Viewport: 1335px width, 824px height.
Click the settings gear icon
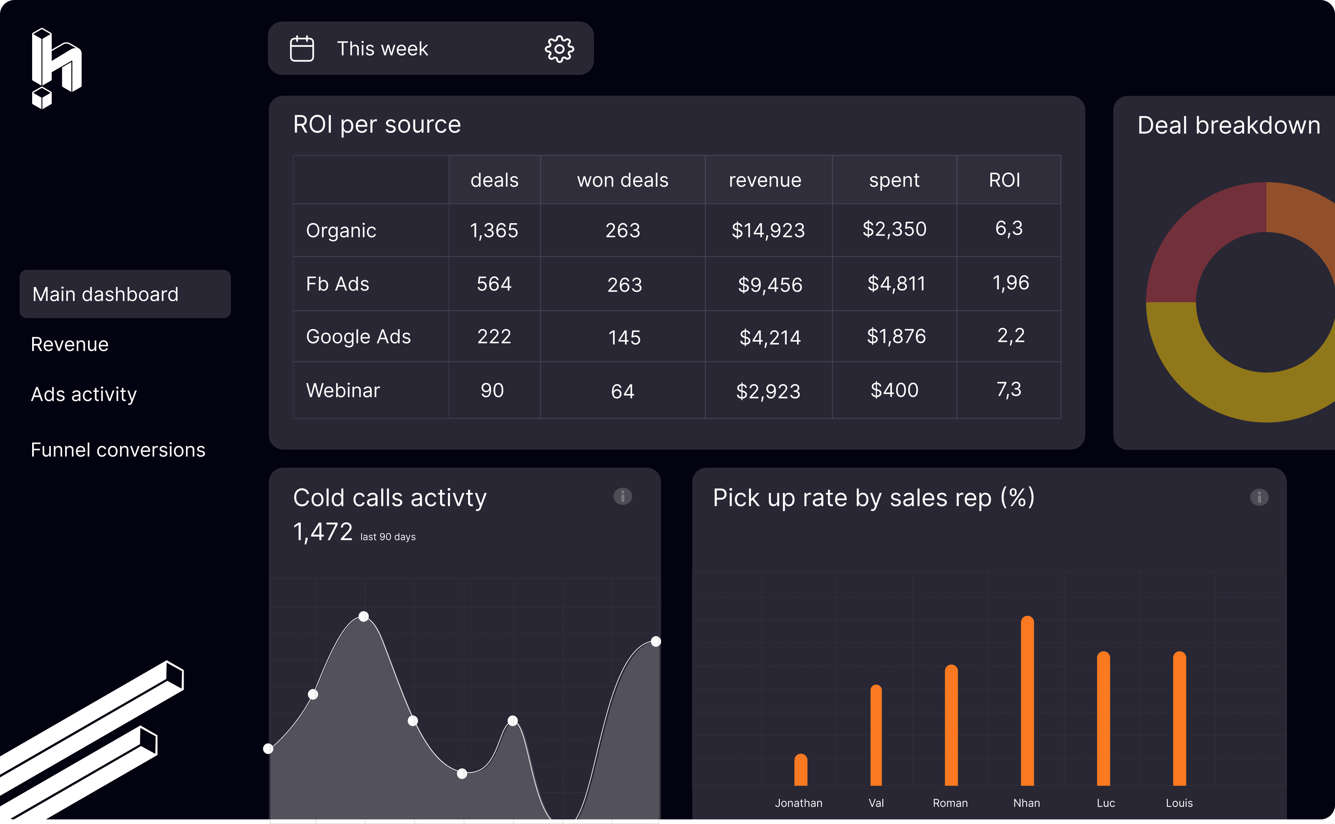559,49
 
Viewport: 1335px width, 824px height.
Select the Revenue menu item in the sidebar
70,345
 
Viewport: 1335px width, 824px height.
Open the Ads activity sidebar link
84,394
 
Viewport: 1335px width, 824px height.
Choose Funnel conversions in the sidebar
118,450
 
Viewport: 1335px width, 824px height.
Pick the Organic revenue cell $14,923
768,230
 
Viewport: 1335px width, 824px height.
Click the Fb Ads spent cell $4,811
896,283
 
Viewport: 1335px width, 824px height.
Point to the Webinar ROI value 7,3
1009,390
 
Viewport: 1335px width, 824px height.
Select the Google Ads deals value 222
494,336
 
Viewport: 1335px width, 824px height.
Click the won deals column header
622,180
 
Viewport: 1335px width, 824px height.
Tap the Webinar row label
343,390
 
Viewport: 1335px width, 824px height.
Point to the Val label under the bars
876,803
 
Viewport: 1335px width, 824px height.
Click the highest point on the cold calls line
363,616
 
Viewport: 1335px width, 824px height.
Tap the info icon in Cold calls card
622,496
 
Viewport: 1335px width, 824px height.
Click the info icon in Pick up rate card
1259,497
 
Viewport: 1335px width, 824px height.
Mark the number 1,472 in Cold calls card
322,532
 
